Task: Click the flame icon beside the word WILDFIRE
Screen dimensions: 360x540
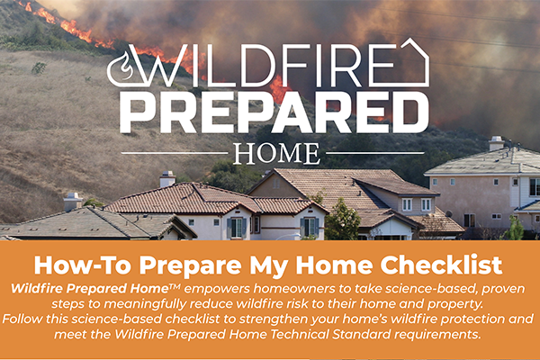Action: click(x=123, y=67)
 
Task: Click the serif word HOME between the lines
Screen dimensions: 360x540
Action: click(x=276, y=154)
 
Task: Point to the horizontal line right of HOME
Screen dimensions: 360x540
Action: click(x=374, y=153)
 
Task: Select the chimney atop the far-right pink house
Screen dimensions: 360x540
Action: click(x=496, y=143)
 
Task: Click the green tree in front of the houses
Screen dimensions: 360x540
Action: click(x=342, y=219)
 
